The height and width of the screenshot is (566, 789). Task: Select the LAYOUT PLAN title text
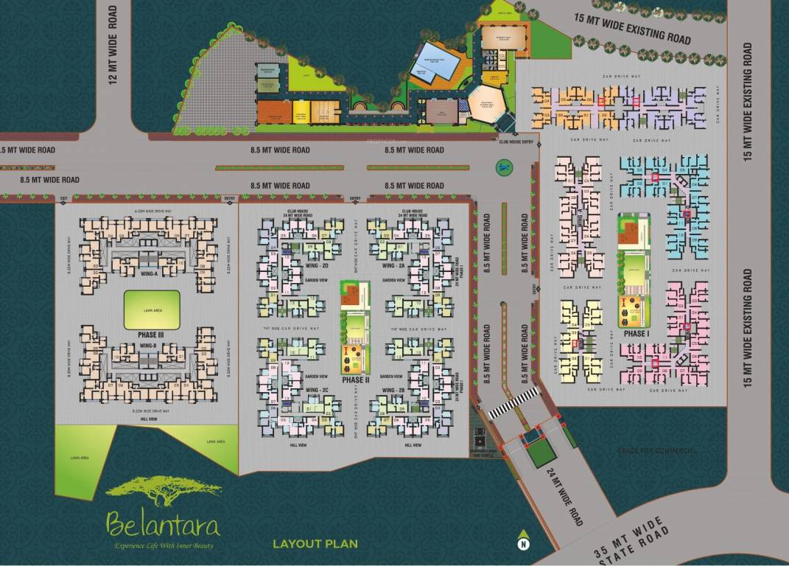pyautogui.click(x=315, y=545)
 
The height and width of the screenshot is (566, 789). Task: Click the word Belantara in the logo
pyautogui.click(x=163, y=525)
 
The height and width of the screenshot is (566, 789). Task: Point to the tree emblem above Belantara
pyautogui.click(x=163, y=491)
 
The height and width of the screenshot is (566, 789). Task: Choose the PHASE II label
pyautogui.click(x=354, y=380)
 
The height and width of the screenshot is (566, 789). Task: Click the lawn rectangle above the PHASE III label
pyautogui.click(x=151, y=310)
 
